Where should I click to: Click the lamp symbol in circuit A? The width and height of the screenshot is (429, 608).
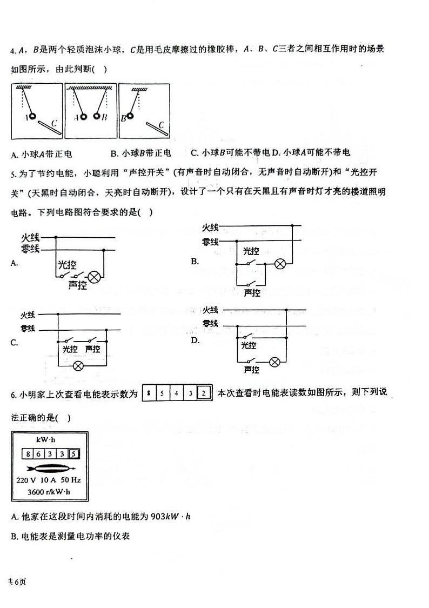[95, 277]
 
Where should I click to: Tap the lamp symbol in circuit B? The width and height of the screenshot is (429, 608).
[280, 264]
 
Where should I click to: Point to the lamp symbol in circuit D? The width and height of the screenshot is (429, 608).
[275, 361]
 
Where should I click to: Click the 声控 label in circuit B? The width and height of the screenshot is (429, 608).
[252, 292]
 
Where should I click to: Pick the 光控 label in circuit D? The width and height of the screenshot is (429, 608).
[249, 345]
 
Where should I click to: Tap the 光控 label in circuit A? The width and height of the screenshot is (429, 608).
[66, 264]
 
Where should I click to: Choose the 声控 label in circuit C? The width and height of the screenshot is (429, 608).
[92, 349]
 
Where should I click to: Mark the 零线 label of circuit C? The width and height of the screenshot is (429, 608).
[28, 328]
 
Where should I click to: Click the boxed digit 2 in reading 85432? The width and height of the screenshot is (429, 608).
[204, 393]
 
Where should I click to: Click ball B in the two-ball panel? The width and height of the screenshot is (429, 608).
[97, 116]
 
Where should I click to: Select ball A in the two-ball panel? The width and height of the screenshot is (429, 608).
[83, 117]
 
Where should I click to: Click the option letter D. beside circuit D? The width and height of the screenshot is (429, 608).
[195, 340]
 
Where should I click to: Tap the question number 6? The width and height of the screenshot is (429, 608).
[14, 395]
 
